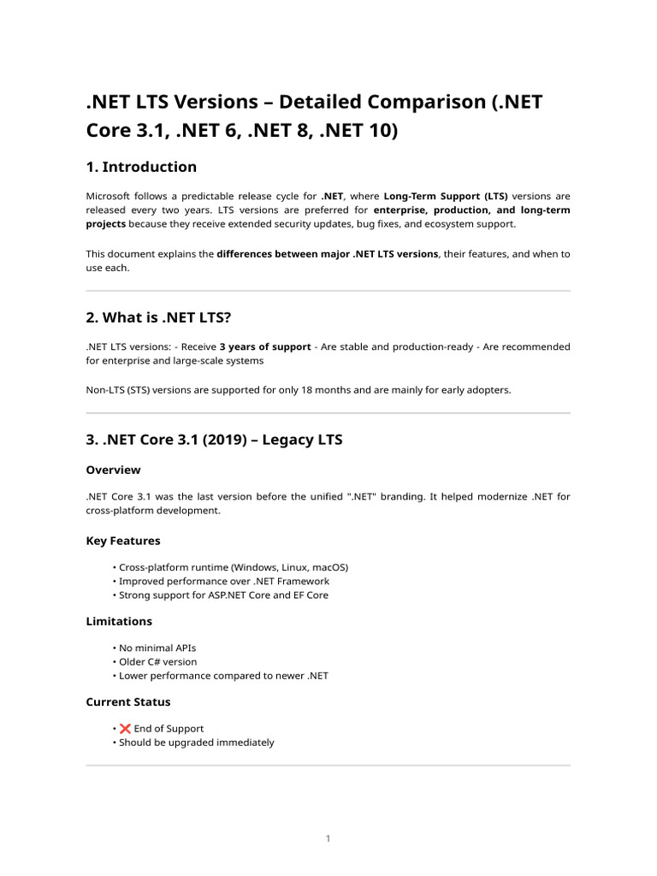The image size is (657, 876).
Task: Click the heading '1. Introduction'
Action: (141, 167)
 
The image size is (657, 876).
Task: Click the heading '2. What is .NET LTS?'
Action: (159, 317)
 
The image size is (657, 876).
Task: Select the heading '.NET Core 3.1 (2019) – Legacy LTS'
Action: (214, 440)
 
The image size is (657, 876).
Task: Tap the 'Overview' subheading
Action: (113, 470)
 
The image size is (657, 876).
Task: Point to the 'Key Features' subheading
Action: (123, 541)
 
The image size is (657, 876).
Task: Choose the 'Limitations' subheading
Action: (119, 621)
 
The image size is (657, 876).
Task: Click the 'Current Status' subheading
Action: (128, 701)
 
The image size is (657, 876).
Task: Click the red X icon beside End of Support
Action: (125, 729)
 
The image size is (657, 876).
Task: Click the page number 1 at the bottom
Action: (328, 838)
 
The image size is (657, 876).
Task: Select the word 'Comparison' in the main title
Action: (401, 102)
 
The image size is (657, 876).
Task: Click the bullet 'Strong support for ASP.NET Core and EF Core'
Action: (223, 595)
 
